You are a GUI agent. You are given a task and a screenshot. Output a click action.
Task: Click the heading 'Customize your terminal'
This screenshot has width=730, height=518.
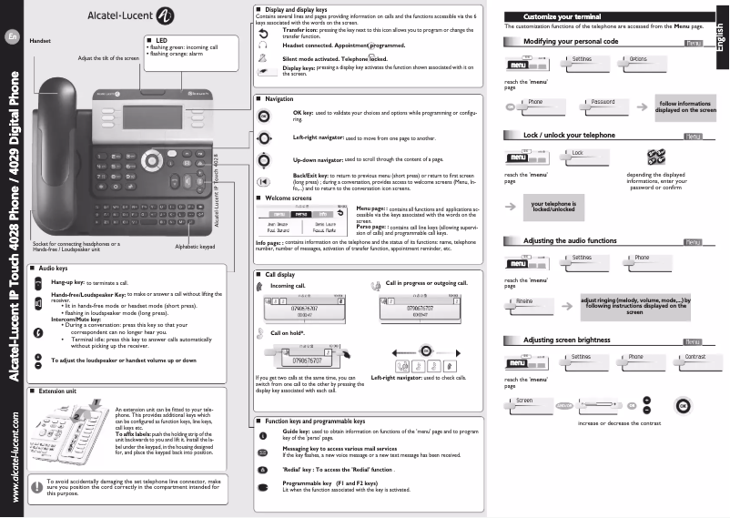(557, 16)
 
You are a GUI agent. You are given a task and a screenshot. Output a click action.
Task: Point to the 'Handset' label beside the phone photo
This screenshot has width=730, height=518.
(40, 42)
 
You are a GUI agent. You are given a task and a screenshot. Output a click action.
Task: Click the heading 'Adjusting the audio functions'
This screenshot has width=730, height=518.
(570, 240)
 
